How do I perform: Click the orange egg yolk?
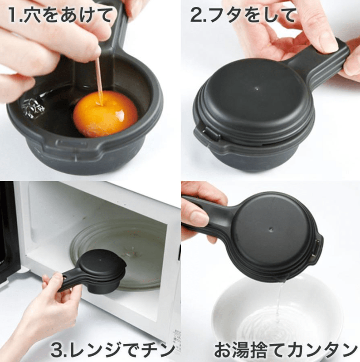pyautogui.click(x=106, y=113)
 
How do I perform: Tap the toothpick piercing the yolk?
pyautogui.click(x=99, y=81)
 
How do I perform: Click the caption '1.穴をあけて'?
pyautogui.click(x=60, y=15)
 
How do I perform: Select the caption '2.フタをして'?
pyautogui.click(x=243, y=15)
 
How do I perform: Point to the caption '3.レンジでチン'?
pyautogui.click(x=113, y=350)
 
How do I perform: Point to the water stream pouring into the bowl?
pyautogui.click(x=280, y=307)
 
